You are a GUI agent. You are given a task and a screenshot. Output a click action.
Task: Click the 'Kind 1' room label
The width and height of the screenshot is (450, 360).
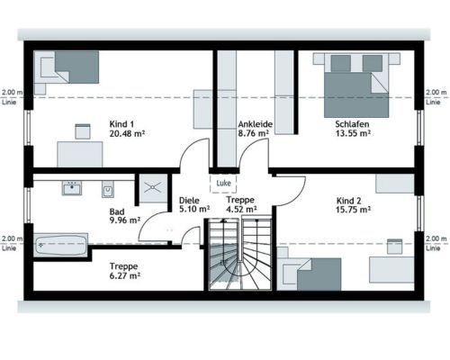coord(121,124)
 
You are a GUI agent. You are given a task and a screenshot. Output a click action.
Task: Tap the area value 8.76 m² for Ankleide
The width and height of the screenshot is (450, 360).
coord(253,133)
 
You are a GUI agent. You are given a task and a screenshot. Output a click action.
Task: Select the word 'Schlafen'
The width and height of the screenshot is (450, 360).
coord(352,124)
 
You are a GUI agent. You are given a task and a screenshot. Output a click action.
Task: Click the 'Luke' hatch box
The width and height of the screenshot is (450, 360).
coord(223,183)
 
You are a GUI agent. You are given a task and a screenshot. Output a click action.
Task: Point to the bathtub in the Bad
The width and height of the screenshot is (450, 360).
coord(60,245)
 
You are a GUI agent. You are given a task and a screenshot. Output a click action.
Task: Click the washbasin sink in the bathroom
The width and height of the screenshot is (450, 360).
coord(72,188)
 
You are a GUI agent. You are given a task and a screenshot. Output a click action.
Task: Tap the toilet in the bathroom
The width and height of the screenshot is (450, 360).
coord(108,189)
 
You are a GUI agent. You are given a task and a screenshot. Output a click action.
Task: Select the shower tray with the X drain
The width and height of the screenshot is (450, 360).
coord(153,188)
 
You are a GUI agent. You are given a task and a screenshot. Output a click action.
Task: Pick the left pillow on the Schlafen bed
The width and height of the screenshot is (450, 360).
coord(341,63)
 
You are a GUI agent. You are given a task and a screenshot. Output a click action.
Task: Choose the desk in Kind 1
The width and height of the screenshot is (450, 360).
coord(80,154)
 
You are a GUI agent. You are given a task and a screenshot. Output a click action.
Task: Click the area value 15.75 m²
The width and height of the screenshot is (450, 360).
coord(353,210)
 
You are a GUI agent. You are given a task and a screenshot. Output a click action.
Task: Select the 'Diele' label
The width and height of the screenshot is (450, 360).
coord(189,200)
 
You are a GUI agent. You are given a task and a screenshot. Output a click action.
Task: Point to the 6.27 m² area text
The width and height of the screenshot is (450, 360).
coord(125,275)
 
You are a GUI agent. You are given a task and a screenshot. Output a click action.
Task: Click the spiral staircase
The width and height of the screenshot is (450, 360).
coord(240,255)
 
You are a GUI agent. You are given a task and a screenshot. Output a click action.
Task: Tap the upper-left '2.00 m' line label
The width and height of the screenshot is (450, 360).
coord(12,93)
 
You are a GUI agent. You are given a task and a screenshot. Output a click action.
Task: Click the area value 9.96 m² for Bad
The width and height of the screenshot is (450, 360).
coord(125,220)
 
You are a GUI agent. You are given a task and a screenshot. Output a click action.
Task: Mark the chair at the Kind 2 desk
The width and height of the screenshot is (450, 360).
coord(394,247)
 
